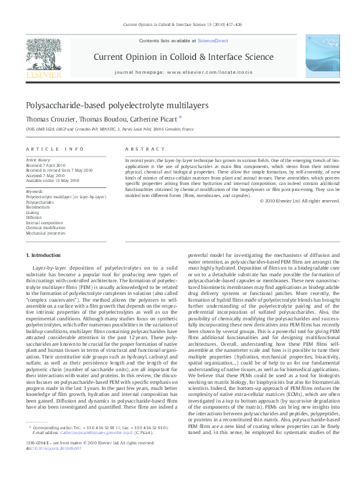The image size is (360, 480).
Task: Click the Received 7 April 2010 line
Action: point(45,164)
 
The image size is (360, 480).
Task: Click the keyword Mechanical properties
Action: point(45,232)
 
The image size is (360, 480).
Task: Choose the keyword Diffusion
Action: point(34,218)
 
